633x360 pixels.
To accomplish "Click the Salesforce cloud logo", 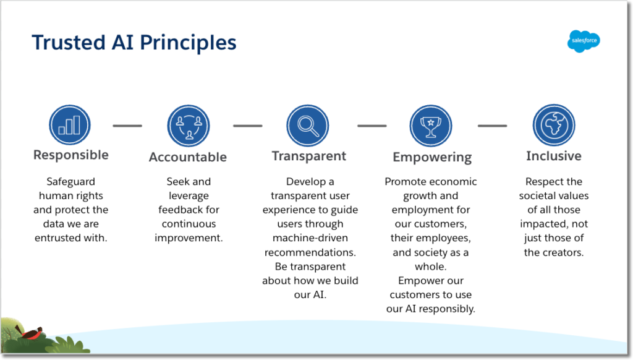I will tap(584, 41).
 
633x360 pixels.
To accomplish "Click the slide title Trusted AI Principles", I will tap(134, 42).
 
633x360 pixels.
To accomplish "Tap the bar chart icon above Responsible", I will tap(70, 126).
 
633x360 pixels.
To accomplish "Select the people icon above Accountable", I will tap(188, 126).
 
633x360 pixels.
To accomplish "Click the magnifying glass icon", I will tap(307, 126).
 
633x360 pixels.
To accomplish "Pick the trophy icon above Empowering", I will tap(431, 126).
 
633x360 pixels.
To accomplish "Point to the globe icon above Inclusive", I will tap(554, 126).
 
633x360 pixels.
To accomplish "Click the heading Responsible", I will tap(70, 155).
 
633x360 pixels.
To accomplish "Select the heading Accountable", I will tap(188, 157).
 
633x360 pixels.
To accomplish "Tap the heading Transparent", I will tap(309, 156).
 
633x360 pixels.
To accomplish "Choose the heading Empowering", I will tap(432, 157).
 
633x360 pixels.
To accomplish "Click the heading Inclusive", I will tap(554, 156).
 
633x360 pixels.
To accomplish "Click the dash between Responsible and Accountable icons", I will tap(127, 126).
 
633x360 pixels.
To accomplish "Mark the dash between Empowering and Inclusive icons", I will tap(492, 126).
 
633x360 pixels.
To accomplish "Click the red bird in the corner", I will tap(31, 332).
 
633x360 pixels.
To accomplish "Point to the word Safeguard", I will tap(70, 182).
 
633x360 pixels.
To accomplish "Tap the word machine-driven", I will tap(310, 238).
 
